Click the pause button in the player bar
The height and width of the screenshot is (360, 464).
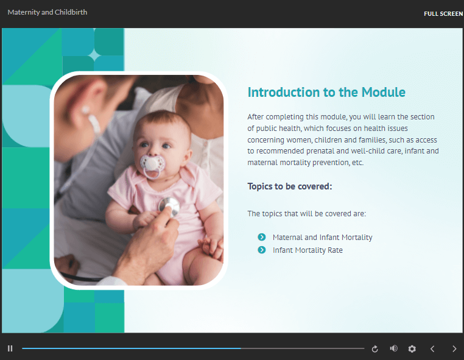pos(10,348)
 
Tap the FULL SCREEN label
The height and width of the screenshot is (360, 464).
pos(443,13)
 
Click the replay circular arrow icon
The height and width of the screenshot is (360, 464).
pos(375,349)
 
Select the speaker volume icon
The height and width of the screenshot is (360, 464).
pos(393,348)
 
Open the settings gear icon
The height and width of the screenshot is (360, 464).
pos(412,349)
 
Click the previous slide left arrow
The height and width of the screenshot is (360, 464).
pos(432,349)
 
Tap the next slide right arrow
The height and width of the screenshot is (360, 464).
pos(454,349)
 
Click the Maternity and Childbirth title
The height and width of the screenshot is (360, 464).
pos(47,12)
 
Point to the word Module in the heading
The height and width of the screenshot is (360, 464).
pos(384,93)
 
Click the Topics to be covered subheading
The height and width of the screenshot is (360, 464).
pos(290,186)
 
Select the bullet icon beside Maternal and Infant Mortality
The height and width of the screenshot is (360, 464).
pos(262,237)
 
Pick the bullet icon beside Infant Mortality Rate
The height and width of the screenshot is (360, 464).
pos(262,250)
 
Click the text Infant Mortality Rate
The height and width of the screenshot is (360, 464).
pos(308,250)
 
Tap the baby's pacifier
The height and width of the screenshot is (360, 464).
pos(152,165)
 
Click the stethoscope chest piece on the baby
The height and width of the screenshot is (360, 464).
pos(169,206)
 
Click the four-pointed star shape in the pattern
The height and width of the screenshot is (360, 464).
pos(94,55)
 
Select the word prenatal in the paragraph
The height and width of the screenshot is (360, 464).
pos(320,151)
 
